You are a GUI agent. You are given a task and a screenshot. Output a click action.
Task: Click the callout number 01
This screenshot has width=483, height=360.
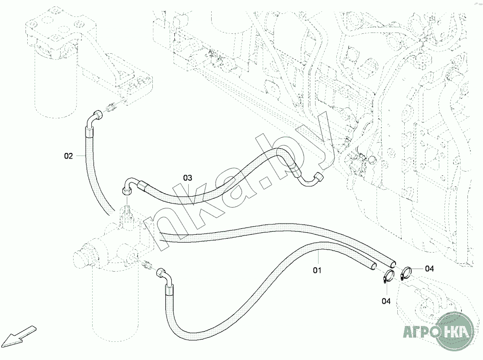tap(318, 271)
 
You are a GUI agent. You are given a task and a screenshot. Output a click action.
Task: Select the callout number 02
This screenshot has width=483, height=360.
tap(69, 156)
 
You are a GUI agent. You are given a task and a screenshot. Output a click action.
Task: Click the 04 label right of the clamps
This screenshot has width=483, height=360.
tap(429, 269)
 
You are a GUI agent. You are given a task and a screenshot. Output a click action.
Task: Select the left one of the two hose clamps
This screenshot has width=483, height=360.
tap(388, 277)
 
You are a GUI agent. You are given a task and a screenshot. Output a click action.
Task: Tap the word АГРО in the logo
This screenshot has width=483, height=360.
tap(419, 333)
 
